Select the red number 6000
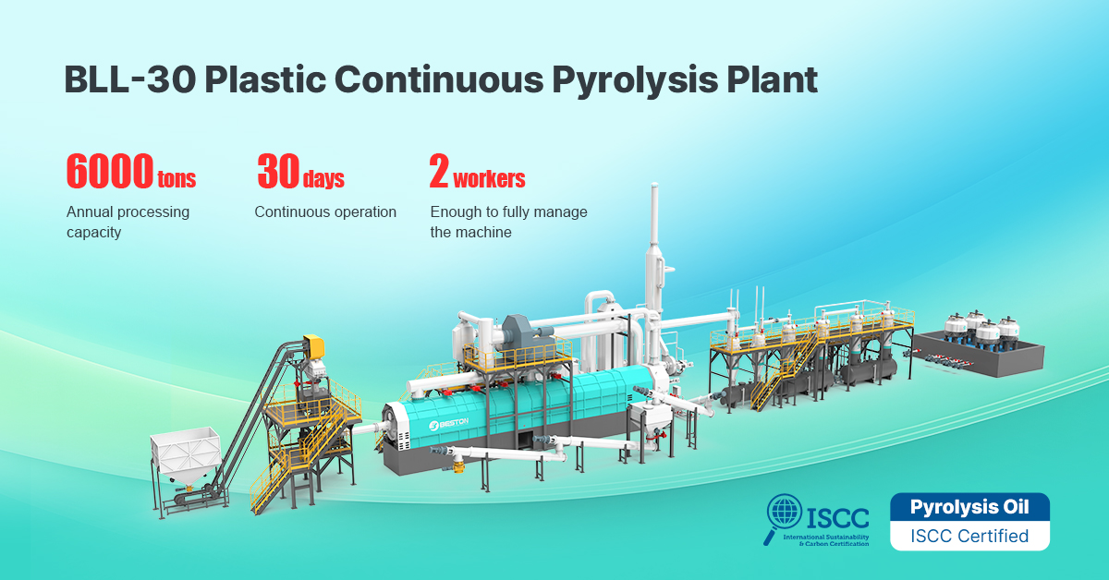click(109, 171)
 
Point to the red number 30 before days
click(277, 171)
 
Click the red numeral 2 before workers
click(438, 171)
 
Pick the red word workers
click(489, 177)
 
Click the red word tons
click(177, 178)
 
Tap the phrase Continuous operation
click(325, 212)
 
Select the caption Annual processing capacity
click(128, 222)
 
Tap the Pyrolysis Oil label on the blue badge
click(969, 507)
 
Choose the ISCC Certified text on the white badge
click(969, 536)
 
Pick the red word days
click(323, 178)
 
